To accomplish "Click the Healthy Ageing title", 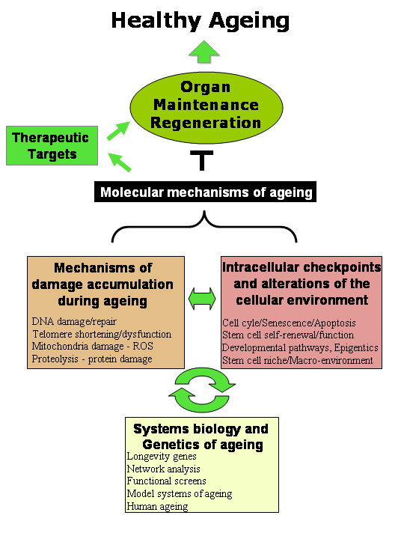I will [x=201, y=19].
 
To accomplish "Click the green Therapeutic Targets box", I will [x=49, y=146].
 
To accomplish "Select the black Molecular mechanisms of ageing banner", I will [x=206, y=192].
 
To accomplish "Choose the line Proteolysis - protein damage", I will [x=92, y=359].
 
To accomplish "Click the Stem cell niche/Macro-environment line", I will [x=298, y=361].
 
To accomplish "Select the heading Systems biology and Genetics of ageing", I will [x=201, y=437].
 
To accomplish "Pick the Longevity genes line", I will [x=162, y=457].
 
